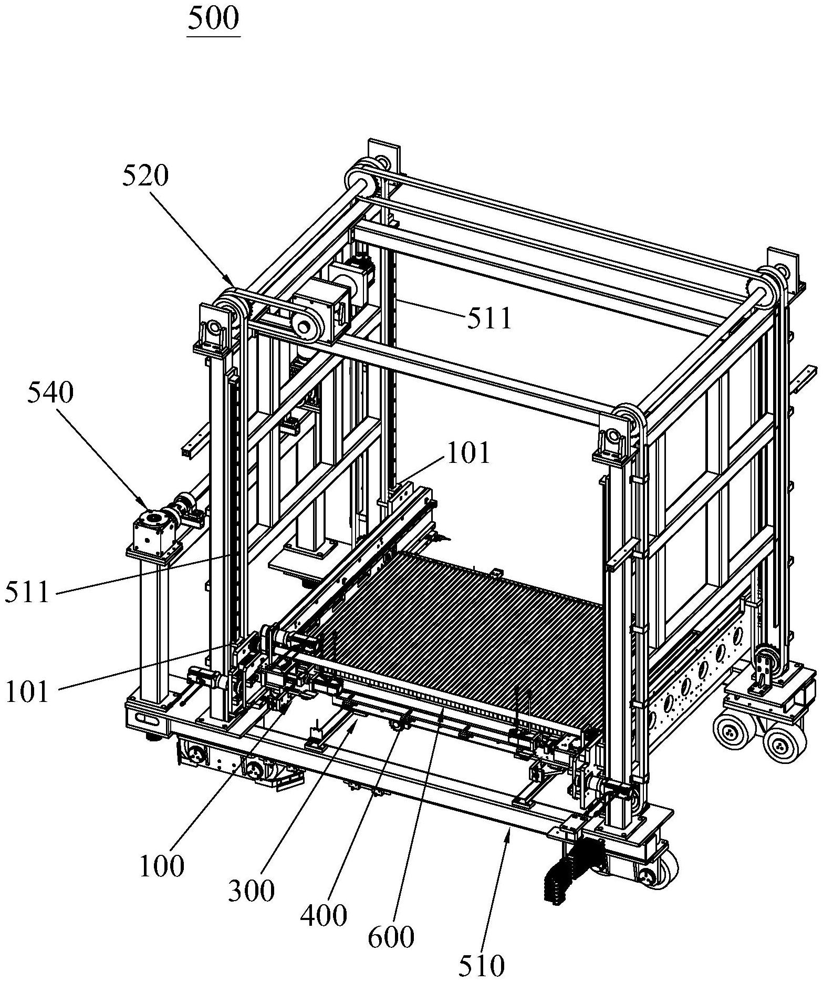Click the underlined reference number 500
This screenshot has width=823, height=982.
point(213,19)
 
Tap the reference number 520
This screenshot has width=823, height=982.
point(145,177)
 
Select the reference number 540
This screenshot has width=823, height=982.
point(51,392)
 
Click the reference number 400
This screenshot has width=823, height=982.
point(324,915)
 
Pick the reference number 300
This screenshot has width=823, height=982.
point(252,890)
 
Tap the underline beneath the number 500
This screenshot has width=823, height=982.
point(213,37)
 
